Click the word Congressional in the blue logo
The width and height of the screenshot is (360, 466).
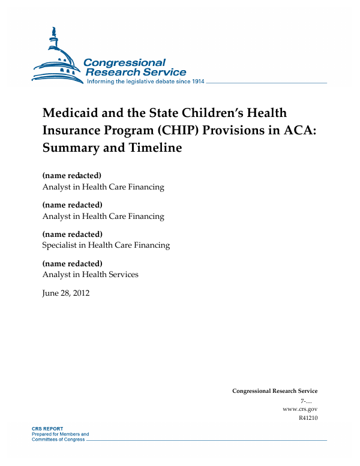point(124,63)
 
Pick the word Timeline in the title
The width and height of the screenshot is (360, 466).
point(154,147)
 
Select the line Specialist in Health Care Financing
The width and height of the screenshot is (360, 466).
point(106,245)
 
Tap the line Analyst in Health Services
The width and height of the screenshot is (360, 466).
point(90,275)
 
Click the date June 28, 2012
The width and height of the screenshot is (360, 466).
point(65,293)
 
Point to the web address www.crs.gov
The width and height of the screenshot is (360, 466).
point(299,409)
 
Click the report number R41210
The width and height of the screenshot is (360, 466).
point(307,418)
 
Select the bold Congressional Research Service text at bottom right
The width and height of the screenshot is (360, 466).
point(275,391)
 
